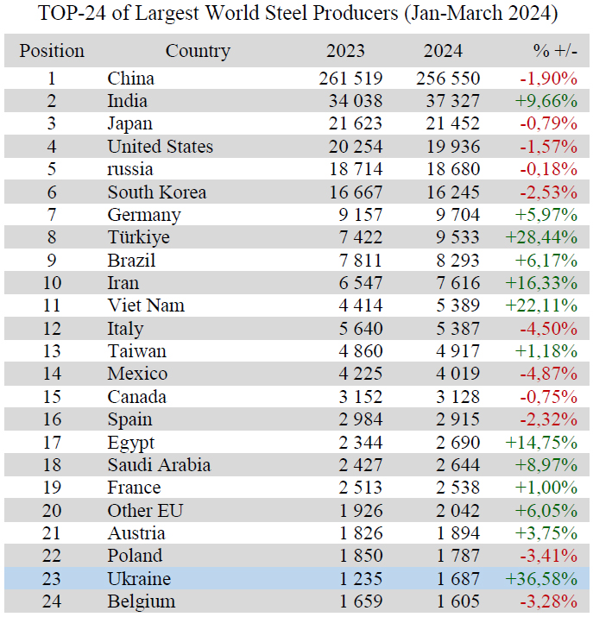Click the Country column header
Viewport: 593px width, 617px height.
pyautogui.click(x=198, y=51)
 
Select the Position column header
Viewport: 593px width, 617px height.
pyautogui.click(x=52, y=51)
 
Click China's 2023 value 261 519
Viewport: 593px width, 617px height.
pyautogui.click(x=350, y=79)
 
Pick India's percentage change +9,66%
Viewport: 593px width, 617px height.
pyautogui.click(x=546, y=101)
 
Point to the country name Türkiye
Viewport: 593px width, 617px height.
pyautogui.click(x=138, y=237)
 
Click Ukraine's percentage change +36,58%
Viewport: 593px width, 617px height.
pyautogui.click(x=540, y=579)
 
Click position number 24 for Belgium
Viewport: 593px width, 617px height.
pyautogui.click(x=52, y=601)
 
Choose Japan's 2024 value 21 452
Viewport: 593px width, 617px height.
pyautogui.click(x=449, y=124)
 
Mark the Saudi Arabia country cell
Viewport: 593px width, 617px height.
pyautogui.click(x=159, y=465)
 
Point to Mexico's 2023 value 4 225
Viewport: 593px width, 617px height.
pyautogui.click(x=357, y=374)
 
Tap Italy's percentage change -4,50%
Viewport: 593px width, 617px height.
pyautogui.click(x=547, y=329)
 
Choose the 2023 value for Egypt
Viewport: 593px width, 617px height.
pyautogui.click(x=357, y=442)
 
